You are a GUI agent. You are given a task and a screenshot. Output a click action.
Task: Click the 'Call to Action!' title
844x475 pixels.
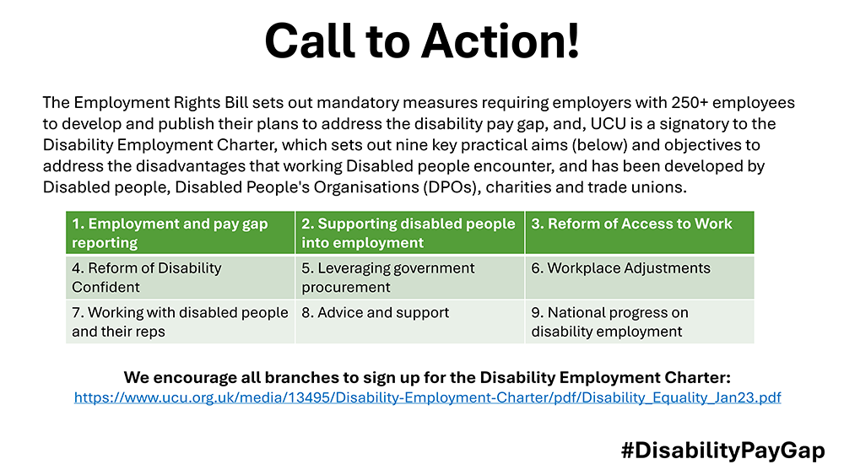422,40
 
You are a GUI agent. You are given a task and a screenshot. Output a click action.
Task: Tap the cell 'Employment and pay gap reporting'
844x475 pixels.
181,232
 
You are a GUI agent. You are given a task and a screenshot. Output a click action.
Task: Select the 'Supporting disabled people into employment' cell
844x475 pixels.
409,232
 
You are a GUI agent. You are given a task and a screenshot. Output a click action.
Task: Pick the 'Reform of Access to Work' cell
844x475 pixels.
640,232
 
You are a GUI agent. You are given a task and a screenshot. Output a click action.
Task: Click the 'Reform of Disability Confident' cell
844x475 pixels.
181,277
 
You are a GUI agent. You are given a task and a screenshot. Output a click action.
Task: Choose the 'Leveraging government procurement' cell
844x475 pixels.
409,277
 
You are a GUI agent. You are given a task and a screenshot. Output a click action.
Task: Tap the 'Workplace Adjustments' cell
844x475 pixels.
640,277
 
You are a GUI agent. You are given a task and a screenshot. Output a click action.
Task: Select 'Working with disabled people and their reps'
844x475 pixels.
181,321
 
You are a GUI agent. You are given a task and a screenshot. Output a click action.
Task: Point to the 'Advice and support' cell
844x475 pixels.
409,321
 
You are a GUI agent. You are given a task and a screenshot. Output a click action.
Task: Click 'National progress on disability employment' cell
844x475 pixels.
640,321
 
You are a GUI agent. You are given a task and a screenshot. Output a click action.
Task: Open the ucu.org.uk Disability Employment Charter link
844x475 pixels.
427,397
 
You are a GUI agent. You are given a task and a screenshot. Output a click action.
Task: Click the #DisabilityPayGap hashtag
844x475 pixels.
723,451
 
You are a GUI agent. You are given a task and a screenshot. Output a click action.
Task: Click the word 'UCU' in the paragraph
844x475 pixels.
609,124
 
